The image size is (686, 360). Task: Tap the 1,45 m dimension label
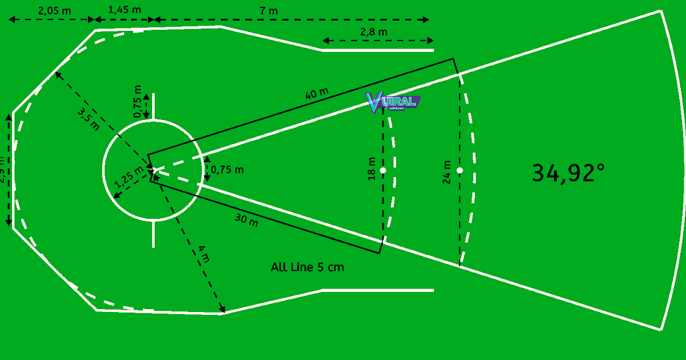tap(125, 10)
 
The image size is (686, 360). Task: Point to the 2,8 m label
tap(374, 32)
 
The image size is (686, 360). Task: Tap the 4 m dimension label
tap(204, 254)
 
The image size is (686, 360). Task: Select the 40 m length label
tap(317, 94)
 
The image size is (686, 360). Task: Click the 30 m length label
tap(246, 220)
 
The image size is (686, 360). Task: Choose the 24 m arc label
tap(447, 171)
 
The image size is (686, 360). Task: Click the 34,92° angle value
tap(568, 173)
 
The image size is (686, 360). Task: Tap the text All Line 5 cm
tap(308, 267)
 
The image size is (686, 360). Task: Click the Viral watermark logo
tap(393, 102)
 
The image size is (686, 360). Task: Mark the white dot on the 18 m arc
tap(382, 170)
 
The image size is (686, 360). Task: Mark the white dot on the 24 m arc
tap(460, 170)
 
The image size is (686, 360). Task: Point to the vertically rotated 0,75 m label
tap(137, 101)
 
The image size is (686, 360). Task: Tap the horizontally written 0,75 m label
tap(228, 170)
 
